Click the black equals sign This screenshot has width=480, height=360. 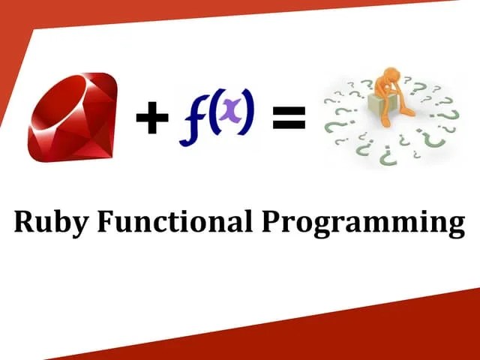pos(288,118)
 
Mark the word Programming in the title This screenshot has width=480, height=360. pos(363,223)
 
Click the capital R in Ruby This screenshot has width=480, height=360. pos(25,222)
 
